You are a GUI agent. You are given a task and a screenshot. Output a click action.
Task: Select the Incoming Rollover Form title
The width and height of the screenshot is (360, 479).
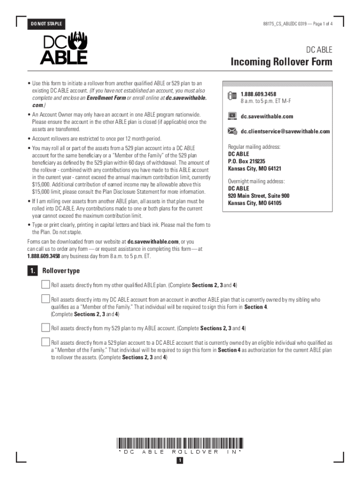click(281, 62)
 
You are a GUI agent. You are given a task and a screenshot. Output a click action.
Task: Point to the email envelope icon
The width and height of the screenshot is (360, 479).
click(232, 131)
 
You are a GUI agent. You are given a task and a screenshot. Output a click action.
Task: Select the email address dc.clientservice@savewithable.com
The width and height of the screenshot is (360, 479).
click(285, 131)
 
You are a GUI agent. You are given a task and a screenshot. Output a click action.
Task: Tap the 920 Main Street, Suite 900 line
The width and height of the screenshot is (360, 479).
click(259, 196)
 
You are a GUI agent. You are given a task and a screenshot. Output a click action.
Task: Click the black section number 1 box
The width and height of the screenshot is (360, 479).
click(32, 271)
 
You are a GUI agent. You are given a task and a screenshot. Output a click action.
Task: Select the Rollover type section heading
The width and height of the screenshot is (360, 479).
click(61, 271)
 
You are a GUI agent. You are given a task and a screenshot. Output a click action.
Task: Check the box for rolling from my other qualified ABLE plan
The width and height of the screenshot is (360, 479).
click(45, 284)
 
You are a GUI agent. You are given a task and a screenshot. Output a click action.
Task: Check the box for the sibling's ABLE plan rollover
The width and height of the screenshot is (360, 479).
click(45, 298)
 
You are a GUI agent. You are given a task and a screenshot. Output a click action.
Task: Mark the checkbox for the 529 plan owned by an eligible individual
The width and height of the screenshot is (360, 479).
click(45, 341)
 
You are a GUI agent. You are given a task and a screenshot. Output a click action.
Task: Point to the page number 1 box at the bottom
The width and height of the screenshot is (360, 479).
click(180, 461)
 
